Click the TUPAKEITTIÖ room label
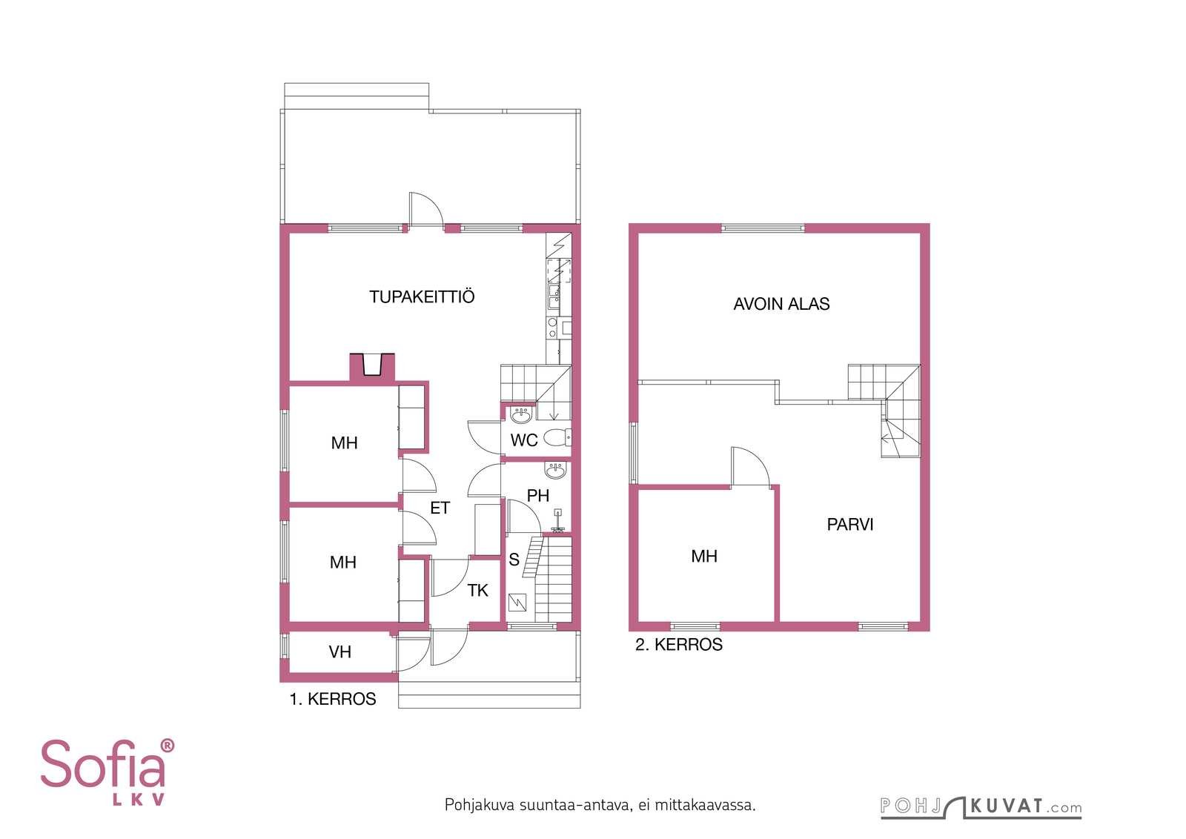pos(422,296)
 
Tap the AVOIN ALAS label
pos(781,304)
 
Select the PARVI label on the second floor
pos(849,524)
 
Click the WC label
pos(523,440)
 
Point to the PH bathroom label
pos(538,495)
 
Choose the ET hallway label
pos(440,508)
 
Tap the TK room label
pos(477,590)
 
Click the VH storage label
pos(339,651)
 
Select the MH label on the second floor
pos(704,556)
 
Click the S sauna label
pos(514,560)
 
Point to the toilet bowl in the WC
pos(557,437)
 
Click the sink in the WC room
pos(522,415)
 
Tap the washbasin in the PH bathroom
pos(555,469)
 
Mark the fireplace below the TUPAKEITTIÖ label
pos(372,366)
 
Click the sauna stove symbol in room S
pos(517,603)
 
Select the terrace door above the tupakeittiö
pos(425,208)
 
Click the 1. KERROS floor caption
pos(333,699)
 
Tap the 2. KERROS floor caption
pos(679,645)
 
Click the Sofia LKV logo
pos(107,772)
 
